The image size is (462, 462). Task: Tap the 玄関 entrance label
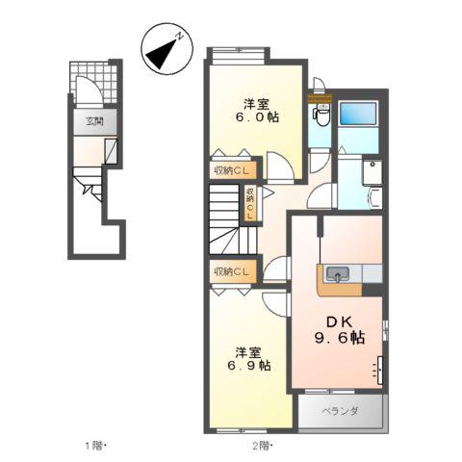coord(93,121)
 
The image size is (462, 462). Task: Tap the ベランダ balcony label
coord(342,412)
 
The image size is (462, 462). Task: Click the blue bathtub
coord(358,118)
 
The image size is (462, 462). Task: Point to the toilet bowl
coord(320,116)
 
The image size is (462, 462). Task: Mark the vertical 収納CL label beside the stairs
coord(249,204)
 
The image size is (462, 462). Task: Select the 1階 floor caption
coord(92,446)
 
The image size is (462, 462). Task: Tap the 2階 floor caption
coord(263,446)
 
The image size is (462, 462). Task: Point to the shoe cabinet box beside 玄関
coord(112,151)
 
